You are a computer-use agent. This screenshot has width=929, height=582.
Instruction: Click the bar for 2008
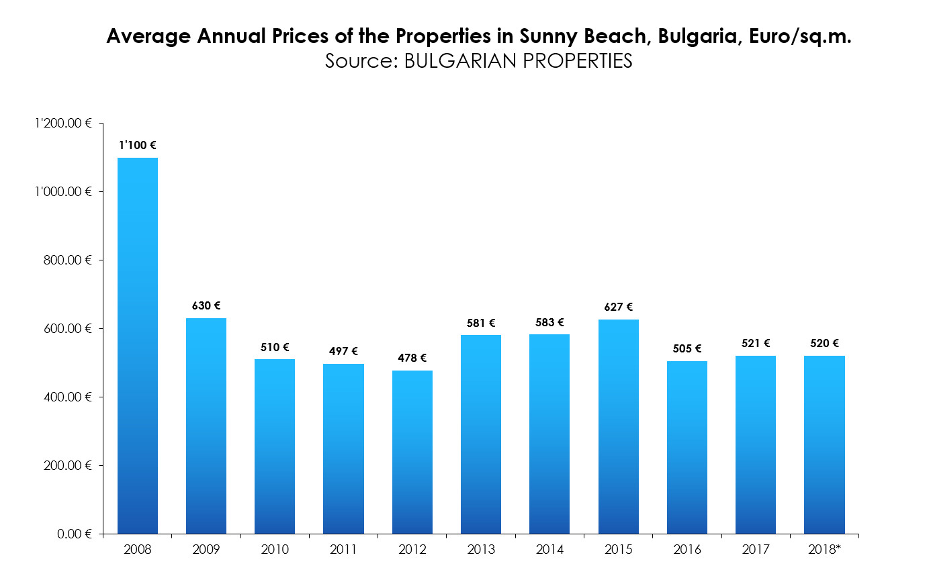(138, 346)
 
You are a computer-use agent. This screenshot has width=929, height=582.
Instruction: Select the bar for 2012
(412, 452)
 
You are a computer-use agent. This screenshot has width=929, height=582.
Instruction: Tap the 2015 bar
(618, 426)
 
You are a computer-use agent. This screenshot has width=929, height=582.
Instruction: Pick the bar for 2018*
(824, 444)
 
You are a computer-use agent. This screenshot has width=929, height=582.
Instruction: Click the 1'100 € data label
(138, 145)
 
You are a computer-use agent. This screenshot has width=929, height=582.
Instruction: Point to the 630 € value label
(206, 305)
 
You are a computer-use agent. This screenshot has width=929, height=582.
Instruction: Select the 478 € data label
(412, 358)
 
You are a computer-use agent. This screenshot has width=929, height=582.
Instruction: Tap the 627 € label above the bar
(618, 307)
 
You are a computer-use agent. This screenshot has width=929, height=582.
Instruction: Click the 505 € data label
(687, 348)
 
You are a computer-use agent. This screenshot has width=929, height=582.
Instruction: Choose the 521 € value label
(756, 343)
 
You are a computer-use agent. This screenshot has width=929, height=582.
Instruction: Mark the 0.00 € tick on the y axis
(75, 534)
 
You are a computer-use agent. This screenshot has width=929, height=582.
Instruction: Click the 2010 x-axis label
(275, 550)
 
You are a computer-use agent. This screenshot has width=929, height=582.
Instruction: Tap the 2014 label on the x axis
(549, 550)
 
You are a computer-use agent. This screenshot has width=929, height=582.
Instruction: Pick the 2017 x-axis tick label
(755, 550)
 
